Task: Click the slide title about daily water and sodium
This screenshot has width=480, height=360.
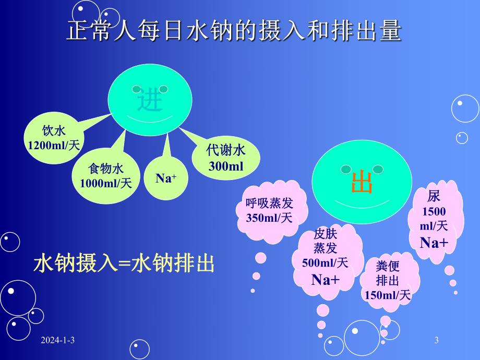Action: pos(234,31)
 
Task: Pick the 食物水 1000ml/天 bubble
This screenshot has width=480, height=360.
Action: pos(106,176)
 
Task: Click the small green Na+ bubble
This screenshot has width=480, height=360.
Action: pos(166,178)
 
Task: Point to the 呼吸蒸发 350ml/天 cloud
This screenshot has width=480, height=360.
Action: pos(269,211)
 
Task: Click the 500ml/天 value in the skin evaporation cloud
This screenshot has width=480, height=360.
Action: pos(325,262)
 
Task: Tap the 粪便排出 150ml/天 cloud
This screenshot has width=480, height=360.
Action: pos(388,280)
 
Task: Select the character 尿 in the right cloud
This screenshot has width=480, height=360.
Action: pos(434,196)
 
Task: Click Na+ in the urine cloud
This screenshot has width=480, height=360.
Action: pos(434,243)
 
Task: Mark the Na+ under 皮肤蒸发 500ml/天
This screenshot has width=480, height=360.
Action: pos(326,280)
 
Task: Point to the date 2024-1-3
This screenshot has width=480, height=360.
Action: pos(59,341)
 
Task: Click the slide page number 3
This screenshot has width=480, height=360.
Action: pos(436,341)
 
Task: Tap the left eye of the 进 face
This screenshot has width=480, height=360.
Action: pos(137,89)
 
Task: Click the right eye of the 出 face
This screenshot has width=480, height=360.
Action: pos(378,169)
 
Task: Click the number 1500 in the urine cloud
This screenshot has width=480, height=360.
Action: pos(434,212)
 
